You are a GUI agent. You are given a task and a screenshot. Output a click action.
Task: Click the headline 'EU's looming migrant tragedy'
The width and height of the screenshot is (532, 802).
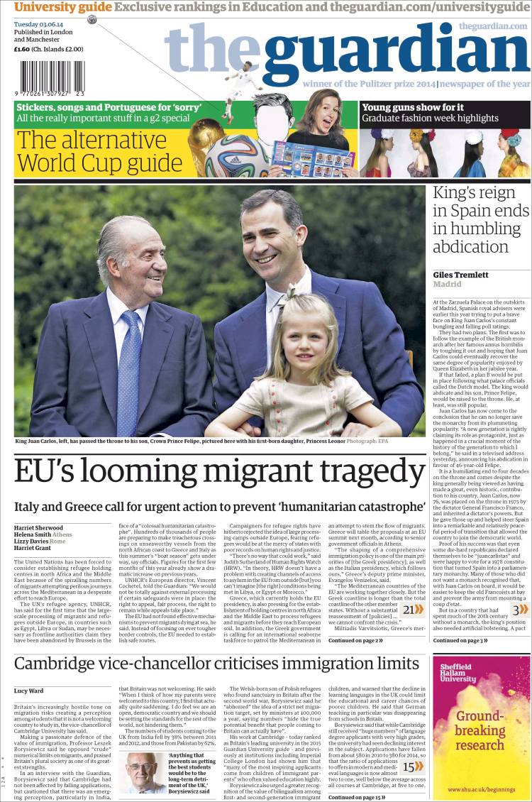(220, 472)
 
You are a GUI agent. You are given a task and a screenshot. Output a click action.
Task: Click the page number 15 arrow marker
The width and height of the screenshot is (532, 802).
(411, 766)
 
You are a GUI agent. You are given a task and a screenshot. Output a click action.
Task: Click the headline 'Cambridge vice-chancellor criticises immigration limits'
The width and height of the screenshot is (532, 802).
(216, 664)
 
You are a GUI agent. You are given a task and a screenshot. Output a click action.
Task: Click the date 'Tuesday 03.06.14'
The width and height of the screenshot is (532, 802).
(40, 23)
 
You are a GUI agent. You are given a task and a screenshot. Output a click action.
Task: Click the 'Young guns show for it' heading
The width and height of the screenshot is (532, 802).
(413, 107)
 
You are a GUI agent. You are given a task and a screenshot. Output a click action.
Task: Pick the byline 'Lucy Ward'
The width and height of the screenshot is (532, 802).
(28, 690)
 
